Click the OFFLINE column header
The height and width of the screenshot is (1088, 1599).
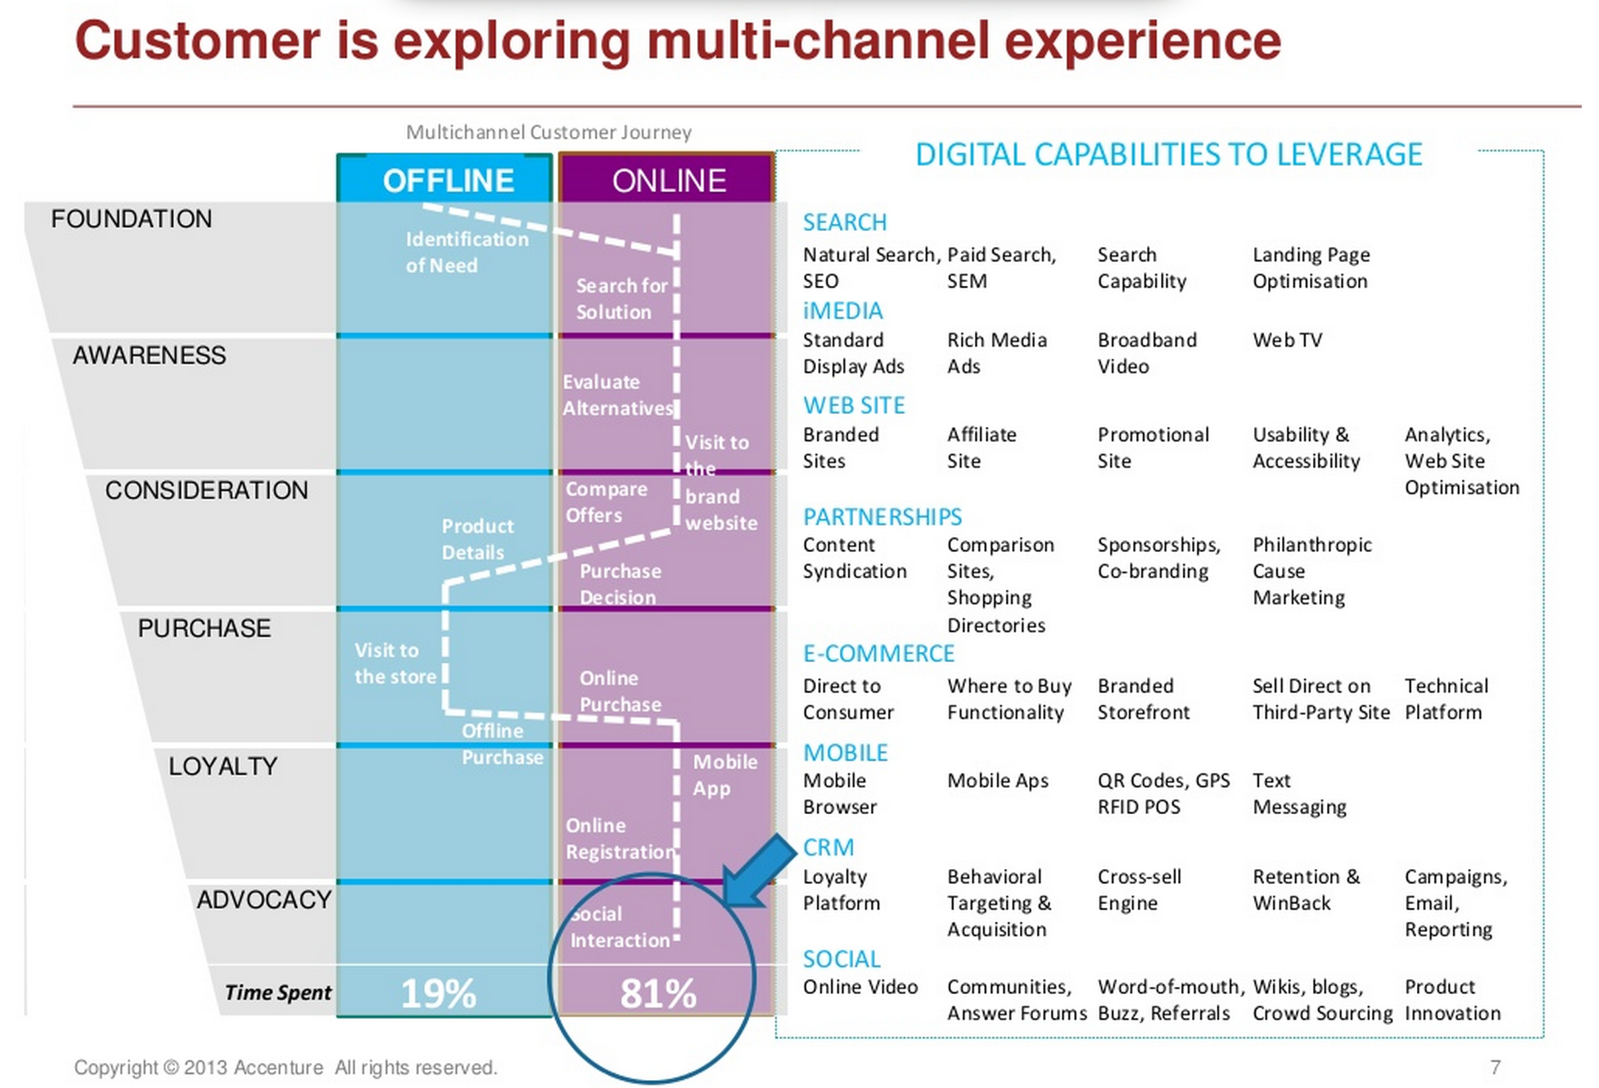click(448, 181)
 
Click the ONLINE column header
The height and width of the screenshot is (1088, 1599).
click(668, 181)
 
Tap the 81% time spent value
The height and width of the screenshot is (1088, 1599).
click(659, 993)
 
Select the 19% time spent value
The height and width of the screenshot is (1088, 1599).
click(438, 993)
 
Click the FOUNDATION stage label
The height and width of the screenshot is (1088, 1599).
click(132, 219)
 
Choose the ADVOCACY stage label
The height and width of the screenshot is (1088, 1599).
click(264, 899)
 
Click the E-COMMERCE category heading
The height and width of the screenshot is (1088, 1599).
click(879, 653)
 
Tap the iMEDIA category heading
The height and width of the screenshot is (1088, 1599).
click(842, 311)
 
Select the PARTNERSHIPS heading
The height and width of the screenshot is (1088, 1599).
click(882, 517)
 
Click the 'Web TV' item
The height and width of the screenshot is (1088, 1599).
click(1287, 340)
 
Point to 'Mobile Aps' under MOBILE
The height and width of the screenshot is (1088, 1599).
click(997, 780)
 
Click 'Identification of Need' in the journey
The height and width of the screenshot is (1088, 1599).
click(467, 252)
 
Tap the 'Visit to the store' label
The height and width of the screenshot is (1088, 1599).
click(395, 663)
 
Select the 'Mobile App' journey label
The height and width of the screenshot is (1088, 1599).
click(725, 775)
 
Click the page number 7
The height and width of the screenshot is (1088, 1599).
click(1495, 1067)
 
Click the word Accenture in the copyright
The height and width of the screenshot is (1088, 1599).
click(278, 1067)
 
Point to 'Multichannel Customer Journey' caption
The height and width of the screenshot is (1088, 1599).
click(549, 132)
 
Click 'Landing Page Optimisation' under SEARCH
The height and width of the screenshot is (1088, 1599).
click(1310, 268)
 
